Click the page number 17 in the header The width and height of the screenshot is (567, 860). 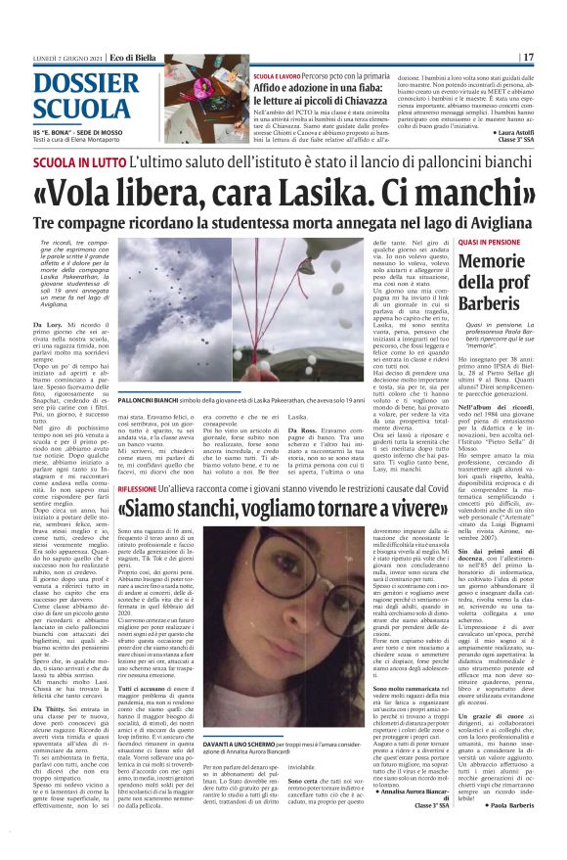pyautogui.click(x=529, y=58)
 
